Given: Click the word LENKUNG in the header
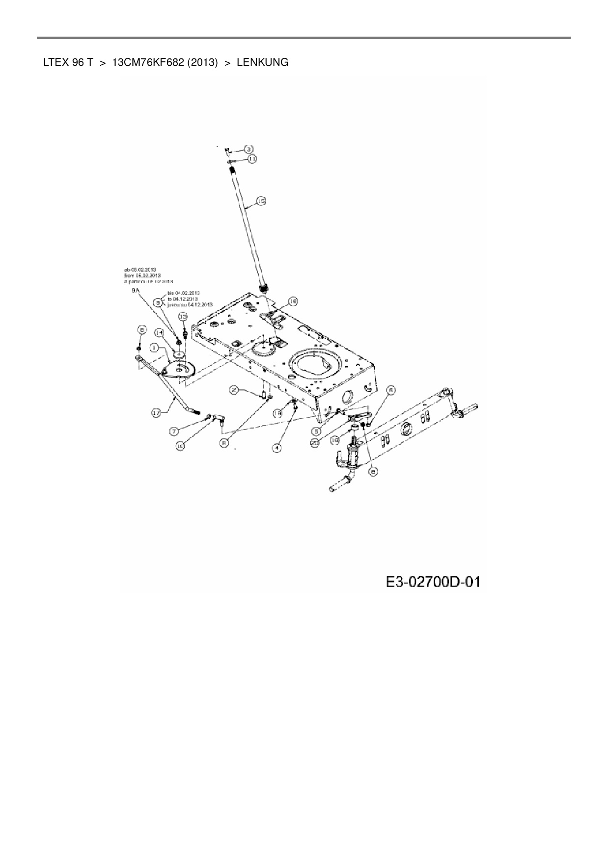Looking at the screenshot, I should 262,62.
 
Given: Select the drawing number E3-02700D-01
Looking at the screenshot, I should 432,582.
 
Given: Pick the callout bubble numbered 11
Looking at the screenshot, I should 251,159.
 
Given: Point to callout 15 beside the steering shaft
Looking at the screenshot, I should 260,201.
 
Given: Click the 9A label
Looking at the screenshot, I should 136,291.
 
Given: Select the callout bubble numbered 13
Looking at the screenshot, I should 183,317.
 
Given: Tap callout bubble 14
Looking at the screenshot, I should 160,332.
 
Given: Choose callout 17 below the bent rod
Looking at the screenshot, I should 156,413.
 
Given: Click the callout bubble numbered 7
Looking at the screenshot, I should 174,431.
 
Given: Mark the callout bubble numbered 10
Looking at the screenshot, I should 180,446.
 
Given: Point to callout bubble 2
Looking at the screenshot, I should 235,390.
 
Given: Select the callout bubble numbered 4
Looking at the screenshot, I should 277,448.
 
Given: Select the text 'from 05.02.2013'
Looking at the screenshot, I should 142,275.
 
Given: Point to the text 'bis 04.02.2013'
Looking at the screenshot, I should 183,293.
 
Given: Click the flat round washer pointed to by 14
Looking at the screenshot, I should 180,354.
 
